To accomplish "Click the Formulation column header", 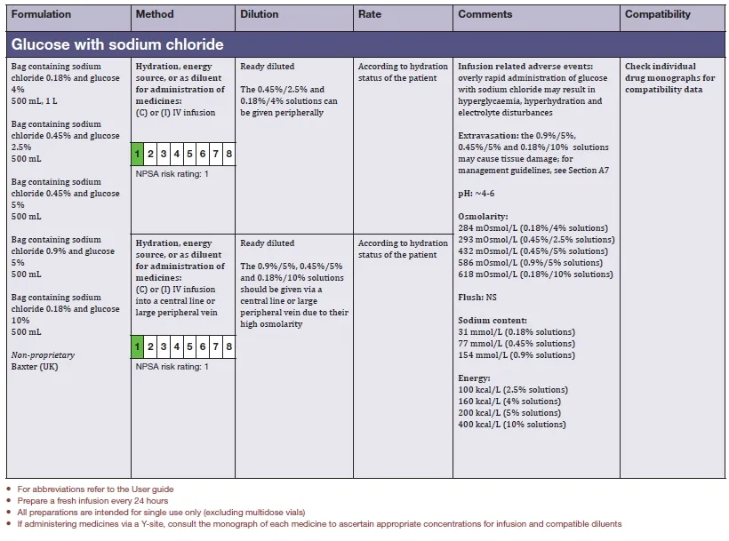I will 40,14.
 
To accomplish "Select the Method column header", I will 155,14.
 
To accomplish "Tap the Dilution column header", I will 260,14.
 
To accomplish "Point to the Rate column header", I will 370,14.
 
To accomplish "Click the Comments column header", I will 485,14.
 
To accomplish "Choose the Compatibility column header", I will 657,14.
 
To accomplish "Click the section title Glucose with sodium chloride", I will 117,44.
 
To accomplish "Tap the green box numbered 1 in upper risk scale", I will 138,154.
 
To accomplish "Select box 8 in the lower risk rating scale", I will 229,346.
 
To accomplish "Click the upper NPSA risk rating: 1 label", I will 172,173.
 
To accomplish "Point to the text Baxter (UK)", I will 35,367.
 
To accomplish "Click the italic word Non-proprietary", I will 43,355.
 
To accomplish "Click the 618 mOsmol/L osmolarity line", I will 535,274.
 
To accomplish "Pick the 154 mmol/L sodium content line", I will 517,354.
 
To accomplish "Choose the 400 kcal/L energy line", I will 512,424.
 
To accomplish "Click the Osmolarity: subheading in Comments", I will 484,216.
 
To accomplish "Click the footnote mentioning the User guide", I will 96,489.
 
